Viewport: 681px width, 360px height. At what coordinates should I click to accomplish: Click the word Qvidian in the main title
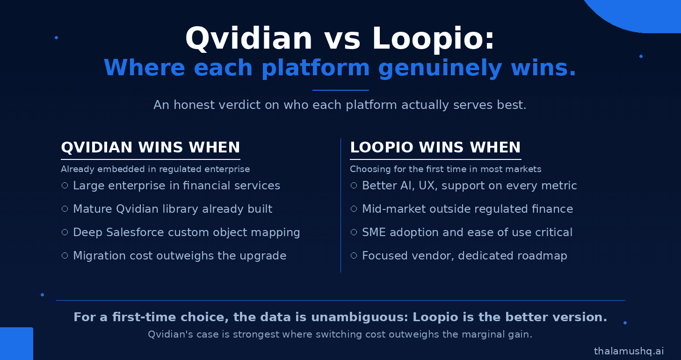pos(249,38)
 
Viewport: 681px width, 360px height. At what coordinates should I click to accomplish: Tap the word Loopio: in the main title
pos(434,38)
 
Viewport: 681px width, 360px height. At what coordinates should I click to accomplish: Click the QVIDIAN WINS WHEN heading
pos(151,147)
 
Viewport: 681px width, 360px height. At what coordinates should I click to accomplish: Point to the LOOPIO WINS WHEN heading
pos(435,147)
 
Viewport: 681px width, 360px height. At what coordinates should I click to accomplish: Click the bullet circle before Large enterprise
pos(65,186)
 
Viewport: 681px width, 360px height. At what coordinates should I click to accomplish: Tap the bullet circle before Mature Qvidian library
pos(65,209)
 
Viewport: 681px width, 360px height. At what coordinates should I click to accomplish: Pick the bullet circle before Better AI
pos(354,186)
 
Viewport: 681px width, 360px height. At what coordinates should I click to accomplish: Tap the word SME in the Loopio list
pos(374,232)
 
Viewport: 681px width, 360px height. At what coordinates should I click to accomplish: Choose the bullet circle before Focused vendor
pos(354,256)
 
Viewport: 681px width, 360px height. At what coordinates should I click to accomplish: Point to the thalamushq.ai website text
pos(629,351)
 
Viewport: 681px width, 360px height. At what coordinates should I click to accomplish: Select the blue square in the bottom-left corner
pos(16,344)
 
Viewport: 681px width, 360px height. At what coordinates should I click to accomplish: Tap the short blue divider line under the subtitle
pos(340,90)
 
